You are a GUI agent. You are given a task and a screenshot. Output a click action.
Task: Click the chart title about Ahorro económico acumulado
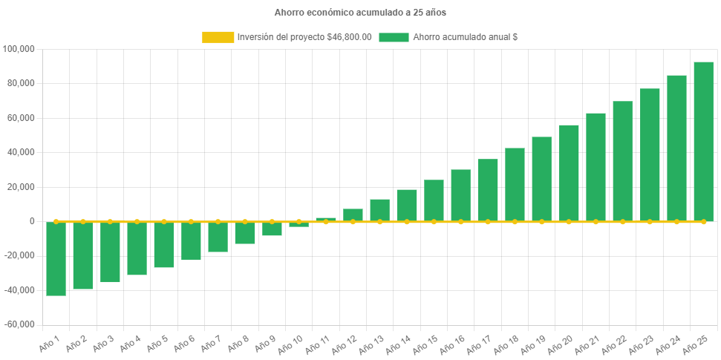(360, 13)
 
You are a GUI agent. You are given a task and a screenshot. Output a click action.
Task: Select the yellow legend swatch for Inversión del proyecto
(218, 37)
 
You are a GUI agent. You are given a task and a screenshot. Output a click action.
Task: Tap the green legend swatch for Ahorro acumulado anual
(394, 37)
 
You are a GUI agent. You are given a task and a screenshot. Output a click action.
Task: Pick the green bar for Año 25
(703, 141)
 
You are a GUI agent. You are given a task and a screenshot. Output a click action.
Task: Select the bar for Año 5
(164, 244)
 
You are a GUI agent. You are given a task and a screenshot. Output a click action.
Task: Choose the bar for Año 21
(596, 167)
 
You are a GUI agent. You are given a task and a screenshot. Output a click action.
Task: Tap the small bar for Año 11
(326, 219)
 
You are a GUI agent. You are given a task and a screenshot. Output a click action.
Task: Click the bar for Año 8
(245, 232)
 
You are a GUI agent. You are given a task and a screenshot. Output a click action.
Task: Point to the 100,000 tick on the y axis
(19, 49)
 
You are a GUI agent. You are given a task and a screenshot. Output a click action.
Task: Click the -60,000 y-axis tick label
(19, 324)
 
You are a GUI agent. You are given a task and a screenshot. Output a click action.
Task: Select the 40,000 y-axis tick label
(22, 152)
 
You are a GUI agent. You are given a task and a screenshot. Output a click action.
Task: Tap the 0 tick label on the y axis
(32, 221)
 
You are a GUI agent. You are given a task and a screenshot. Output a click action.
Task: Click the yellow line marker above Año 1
(56, 221)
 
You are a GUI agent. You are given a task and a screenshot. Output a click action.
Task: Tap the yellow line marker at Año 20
(569, 221)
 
